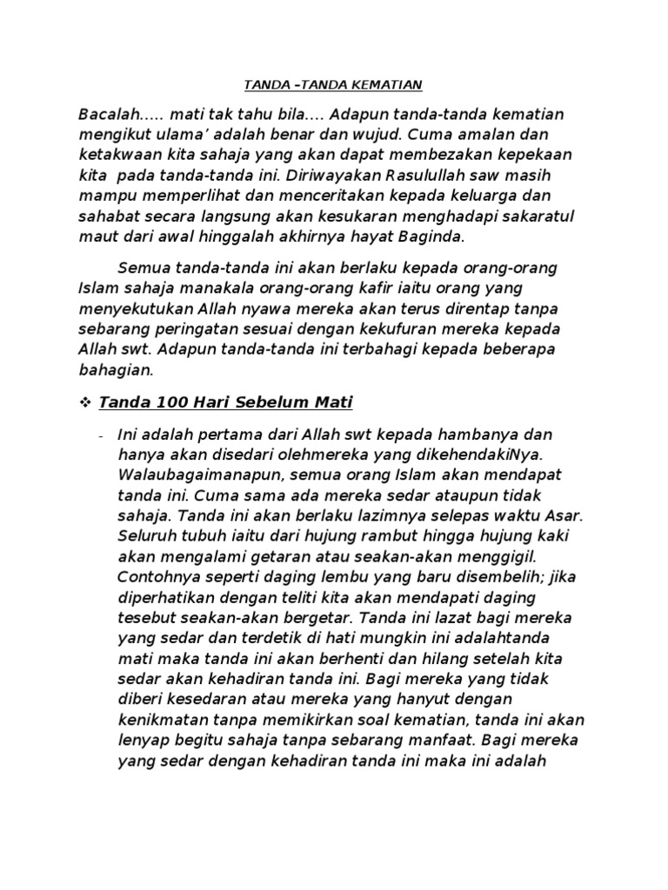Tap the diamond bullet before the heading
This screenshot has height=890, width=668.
pos(85,402)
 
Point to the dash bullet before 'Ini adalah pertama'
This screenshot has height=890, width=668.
pos(102,435)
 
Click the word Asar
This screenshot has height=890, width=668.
pos(564,515)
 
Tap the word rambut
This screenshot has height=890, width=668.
pos(377,536)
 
